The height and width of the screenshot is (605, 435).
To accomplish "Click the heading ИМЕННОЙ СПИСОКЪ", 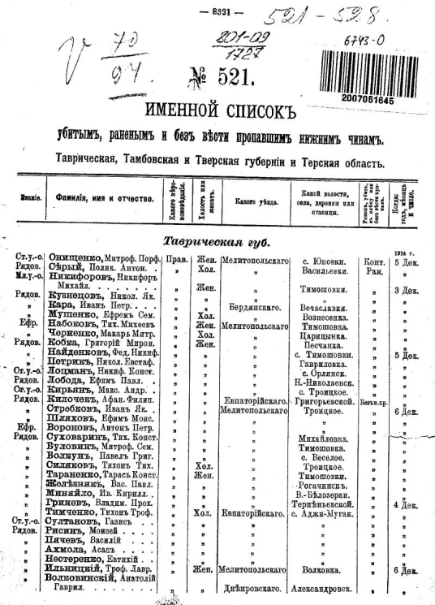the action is [217, 110].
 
